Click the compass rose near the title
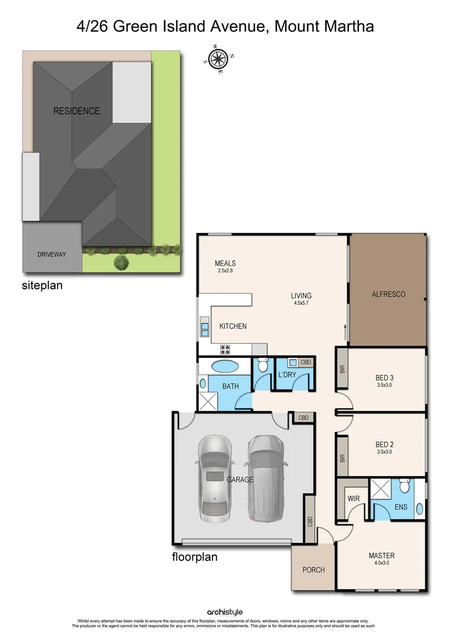219,58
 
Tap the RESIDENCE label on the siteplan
76,110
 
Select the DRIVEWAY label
51,254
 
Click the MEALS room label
225,263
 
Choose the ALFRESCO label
388,294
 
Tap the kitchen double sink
204,328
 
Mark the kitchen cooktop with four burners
225,348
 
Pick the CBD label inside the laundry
305,362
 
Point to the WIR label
354,499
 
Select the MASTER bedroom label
381,555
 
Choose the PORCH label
313,569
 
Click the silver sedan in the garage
214,479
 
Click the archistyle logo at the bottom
224,612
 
